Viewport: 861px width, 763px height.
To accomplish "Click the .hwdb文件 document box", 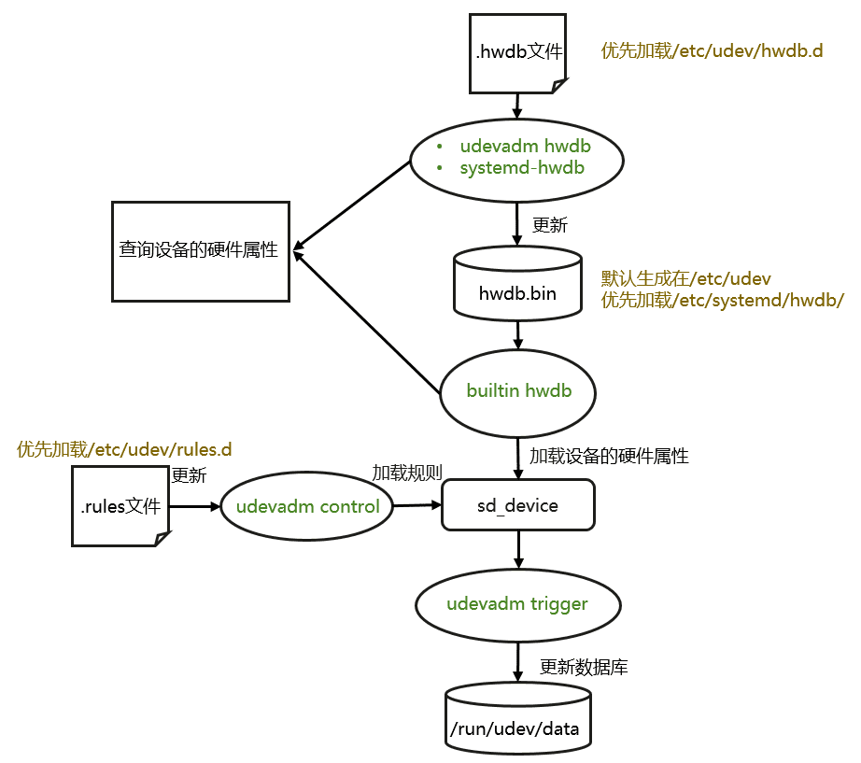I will click(x=518, y=53).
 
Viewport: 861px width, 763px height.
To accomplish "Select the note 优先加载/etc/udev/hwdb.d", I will click(x=712, y=51).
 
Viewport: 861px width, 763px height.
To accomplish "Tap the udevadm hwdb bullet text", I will click(x=525, y=147).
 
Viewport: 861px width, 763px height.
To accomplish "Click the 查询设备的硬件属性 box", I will click(x=200, y=250).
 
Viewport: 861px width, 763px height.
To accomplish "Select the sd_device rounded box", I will click(x=517, y=505).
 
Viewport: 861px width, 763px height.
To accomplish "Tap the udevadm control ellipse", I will click(x=307, y=507).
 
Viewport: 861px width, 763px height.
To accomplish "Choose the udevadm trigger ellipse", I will click(x=517, y=604).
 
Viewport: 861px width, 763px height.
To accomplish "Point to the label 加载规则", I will click(x=407, y=473).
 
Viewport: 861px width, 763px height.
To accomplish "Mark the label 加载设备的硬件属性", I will click(x=609, y=456).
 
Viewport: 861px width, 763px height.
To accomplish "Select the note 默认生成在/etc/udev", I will click(x=686, y=278).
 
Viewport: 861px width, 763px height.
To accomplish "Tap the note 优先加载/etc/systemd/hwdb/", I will click(x=723, y=300).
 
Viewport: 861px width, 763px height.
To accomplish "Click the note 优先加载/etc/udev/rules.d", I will click(x=124, y=449).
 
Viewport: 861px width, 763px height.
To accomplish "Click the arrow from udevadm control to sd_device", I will click(x=416, y=505).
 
